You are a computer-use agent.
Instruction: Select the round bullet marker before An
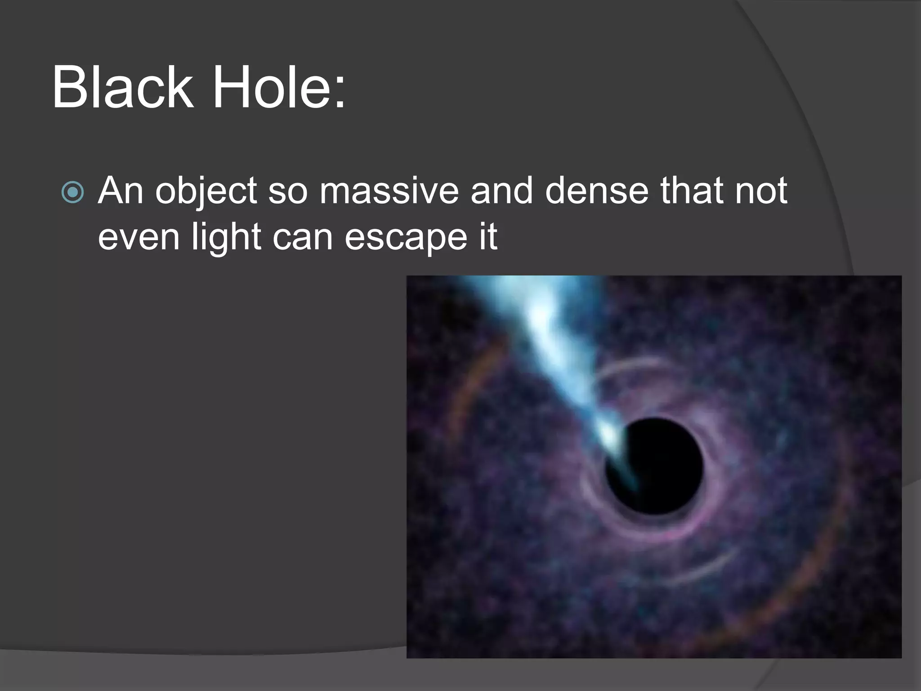click(x=72, y=193)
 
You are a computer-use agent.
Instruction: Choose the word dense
click(x=597, y=191)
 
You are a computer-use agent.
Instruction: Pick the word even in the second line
click(x=139, y=238)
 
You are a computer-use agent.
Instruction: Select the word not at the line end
click(x=761, y=191)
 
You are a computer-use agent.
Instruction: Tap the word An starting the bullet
click(x=121, y=191)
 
